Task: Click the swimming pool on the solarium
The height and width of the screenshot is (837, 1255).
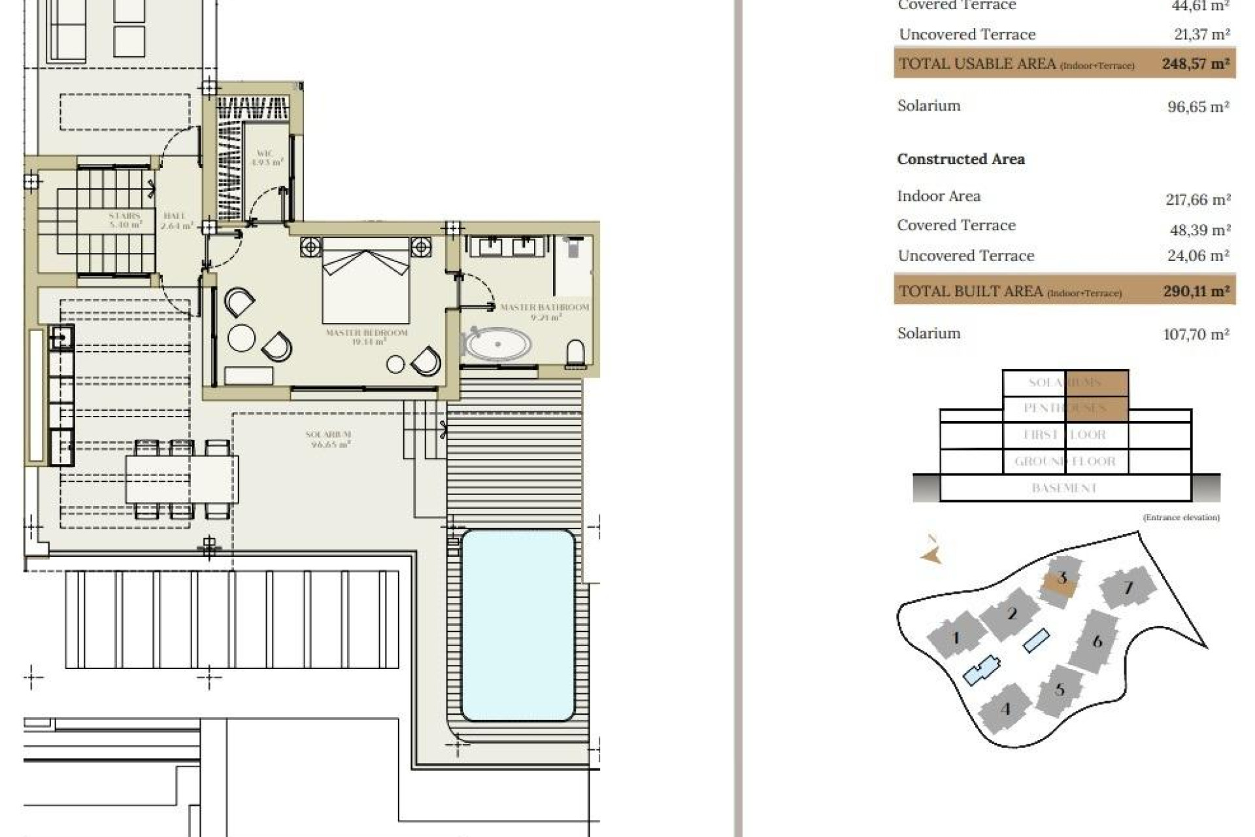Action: click(518, 624)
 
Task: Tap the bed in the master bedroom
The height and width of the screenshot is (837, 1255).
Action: click(366, 281)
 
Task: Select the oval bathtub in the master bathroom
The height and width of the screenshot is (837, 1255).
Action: click(497, 344)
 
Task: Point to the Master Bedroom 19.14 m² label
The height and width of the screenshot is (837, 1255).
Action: click(366, 337)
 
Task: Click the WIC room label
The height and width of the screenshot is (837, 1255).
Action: click(267, 158)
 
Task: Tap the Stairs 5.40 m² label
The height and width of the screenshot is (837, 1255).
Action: click(125, 220)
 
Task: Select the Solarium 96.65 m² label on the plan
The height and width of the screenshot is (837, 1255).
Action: click(329, 439)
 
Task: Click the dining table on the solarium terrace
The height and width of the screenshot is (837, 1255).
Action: click(182, 479)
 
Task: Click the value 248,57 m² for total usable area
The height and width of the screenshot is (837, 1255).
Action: click(1195, 64)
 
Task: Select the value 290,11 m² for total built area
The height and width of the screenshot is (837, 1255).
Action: click(1196, 291)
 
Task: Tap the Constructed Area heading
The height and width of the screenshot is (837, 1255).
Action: click(960, 159)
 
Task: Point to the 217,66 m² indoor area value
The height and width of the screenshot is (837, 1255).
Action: click(1197, 199)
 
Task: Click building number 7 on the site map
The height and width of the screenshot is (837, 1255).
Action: click(1128, 588)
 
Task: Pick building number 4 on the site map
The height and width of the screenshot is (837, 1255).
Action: click(1005, 709)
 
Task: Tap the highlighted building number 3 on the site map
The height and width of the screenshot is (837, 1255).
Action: click(1062, 578)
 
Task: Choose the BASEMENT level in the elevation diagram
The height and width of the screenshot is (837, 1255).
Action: click(1063, 488)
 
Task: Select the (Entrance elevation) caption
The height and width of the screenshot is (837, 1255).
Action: click(1180, 517)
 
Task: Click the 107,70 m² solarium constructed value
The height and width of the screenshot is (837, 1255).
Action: click(1196, 334)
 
